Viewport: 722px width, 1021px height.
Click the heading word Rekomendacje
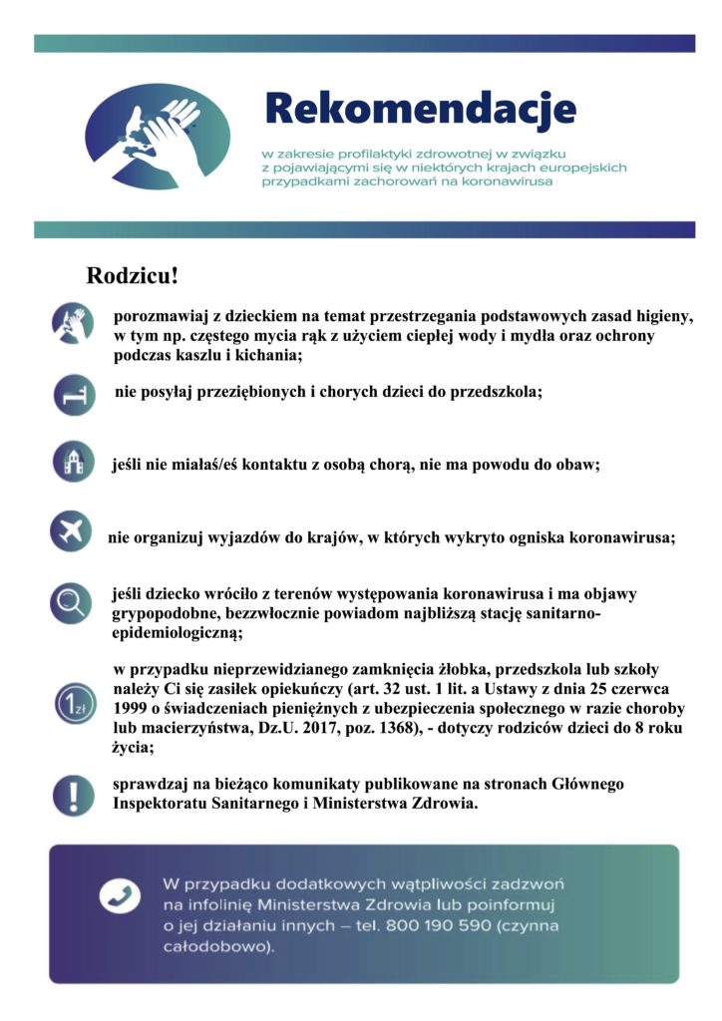coord(420,108)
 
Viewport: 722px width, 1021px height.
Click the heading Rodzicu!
coord(132,275)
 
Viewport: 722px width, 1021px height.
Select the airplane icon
coord(71,531)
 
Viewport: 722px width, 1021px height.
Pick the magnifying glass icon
coord(72,602)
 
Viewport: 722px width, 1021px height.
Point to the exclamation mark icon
coord(73,795)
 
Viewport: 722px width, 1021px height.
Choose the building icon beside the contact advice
coord(73,463)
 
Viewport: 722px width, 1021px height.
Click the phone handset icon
coord(120,896)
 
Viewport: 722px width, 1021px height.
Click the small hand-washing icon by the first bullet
coord(72,323)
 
